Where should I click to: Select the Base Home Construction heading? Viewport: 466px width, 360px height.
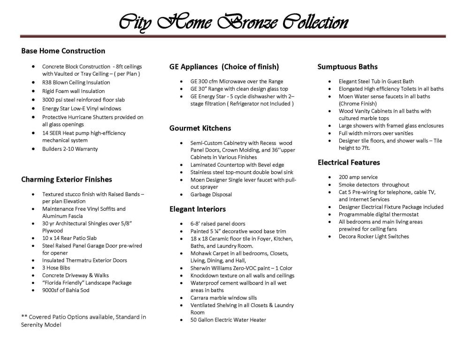coord(63,51)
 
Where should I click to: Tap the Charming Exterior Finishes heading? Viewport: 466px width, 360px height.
coord(67,179)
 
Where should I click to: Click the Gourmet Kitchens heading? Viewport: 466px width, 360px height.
coord(200,128)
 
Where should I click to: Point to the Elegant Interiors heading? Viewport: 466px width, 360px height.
coord(197,209)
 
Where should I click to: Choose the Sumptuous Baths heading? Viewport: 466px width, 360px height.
coord(347,67)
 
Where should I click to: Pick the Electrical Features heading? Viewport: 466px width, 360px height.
coord(349,162)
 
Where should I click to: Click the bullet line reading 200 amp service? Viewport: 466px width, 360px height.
coord(358,177)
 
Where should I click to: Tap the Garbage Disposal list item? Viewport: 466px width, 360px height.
coord(211,194)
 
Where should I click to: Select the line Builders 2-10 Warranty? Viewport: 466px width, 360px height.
coord(70,149)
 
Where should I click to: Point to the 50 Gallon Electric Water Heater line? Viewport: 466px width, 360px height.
coord(228,320)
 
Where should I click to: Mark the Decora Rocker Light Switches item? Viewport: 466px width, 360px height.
coord(374,236)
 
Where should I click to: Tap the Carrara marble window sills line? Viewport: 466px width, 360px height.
coord(223,298)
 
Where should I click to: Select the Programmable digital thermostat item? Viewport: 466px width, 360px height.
coord(378,214)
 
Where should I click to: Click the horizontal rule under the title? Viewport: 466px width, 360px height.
coord(233,37)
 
